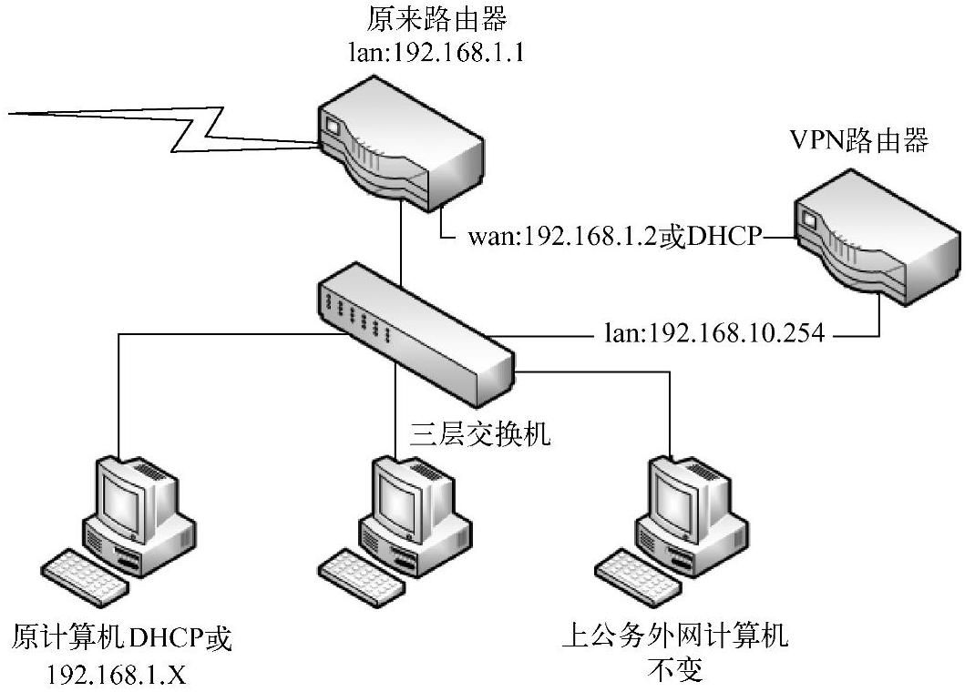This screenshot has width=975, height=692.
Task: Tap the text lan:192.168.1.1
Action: coord(437,52)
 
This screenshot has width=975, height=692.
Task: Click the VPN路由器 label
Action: coord(858,142)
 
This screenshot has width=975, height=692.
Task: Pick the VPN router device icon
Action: coord(876,241)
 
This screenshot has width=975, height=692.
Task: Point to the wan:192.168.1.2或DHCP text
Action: coord(615,238)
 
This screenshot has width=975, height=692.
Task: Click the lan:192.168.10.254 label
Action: coord(714,334)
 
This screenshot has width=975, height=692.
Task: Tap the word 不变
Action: coord(675,671)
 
